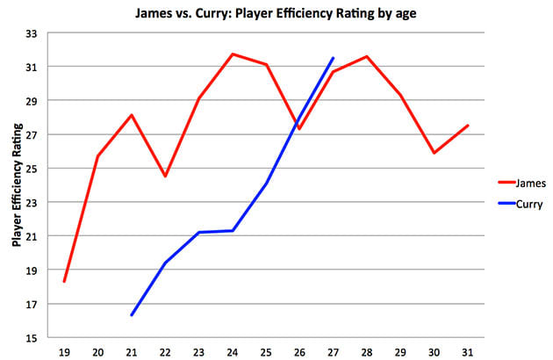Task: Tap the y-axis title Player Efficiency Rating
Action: pos(16,184)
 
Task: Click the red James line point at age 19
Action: pos(64,282)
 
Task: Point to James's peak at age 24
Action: pos(233,54)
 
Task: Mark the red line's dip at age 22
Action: pos(165,176)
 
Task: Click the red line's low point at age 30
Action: pos(434,153)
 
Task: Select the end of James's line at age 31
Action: pos(467,126)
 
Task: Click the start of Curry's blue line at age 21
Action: pos(132,315)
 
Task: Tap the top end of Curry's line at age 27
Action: pos(334,58)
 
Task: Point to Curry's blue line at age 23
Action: pos(199,233)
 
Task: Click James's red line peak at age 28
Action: pos(367,56)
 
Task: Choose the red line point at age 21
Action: pos(132,115)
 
